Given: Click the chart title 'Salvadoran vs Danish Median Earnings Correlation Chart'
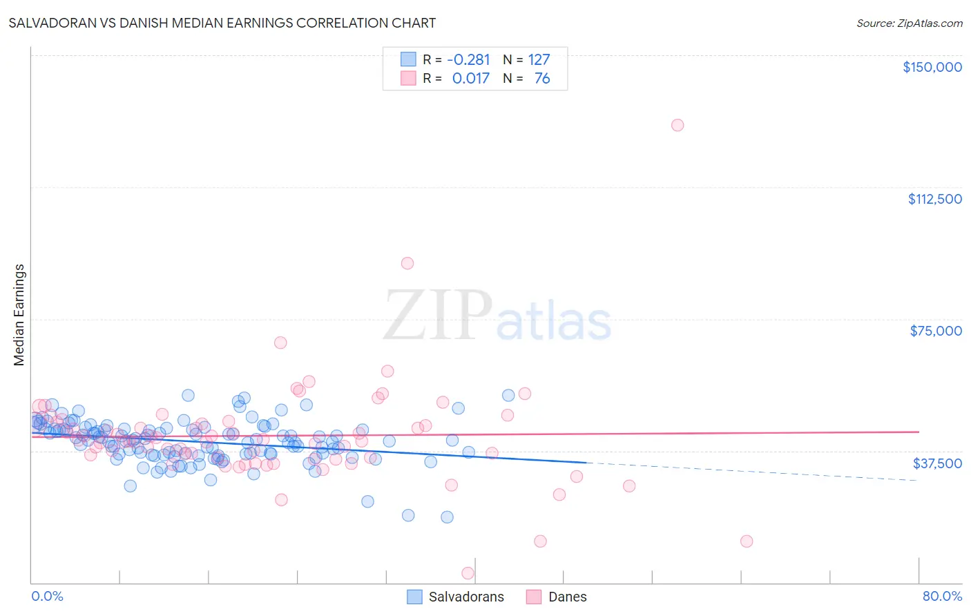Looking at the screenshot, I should pyautogui.click(x=222, y=23).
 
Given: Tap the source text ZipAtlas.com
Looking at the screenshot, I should pyautogui.click(x=909, y=23).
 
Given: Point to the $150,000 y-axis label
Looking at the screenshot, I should pyautogui.click(x=932, y=67).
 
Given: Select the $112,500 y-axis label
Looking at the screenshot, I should pyautogui.click(x=934, y=199).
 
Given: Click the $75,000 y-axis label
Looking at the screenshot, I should pyautogui.click(x=936, y=331).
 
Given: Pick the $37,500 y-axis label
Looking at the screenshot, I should pyautogui.click(x=937, y=463).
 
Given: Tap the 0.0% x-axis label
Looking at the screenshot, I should pyautogui.click(x=47, y=596).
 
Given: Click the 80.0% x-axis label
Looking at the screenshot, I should pyautogui.click(x=942, y=596).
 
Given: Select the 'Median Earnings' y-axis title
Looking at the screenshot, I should pyautogui.click(x=19, y=315).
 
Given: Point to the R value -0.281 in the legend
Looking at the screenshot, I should pyautogui.click(x=468, y=59).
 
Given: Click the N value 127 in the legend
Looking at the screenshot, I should pyautogui.click(x=539, y=59).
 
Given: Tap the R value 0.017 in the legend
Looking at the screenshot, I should pyautogui.click(x=470, y=78).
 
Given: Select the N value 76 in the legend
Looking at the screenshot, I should pyautogui.click(x=542, y=78).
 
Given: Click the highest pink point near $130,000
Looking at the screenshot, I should pyautogui.click(x=677, y=125).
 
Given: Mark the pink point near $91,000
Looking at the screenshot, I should pyautogui.click(x=407, y=263).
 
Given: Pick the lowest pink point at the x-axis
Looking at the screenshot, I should pyautogui.click(x=468, y=573).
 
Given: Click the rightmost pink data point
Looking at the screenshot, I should pyautogui.click(x=747, y=541).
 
